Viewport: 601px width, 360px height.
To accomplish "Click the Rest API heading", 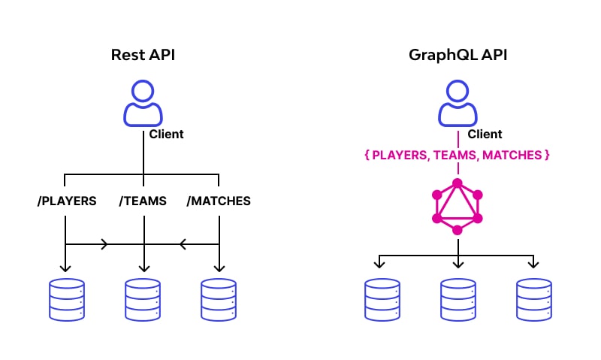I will (143, 56).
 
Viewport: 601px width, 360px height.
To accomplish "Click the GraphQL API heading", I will (458, 56).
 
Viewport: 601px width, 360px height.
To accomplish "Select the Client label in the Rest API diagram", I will (166, 135).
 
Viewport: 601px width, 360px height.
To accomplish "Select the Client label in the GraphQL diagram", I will (485, 135).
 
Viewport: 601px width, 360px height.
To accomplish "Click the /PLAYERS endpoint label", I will (67, 201).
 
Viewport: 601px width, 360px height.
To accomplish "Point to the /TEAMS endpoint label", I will (143, 201).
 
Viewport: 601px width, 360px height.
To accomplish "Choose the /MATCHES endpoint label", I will (219, 201).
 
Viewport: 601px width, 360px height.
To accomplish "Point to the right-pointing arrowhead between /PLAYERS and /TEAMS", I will (104, 244).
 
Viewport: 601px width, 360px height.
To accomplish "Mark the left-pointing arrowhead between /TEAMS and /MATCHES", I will (181, 244).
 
